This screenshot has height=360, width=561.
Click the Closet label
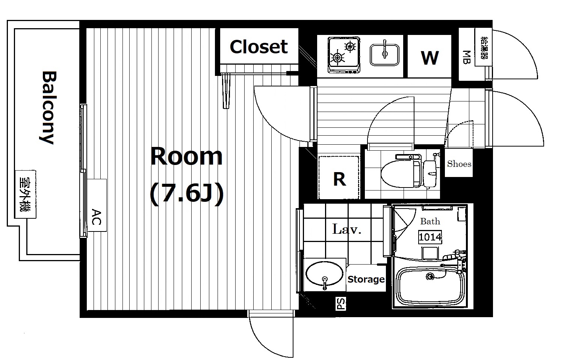coord(259,47)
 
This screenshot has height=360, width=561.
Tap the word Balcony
coord(48,108)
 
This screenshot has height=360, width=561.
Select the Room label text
coord(186,157)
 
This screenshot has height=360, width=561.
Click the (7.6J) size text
coord(187,194)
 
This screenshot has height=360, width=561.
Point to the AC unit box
coord(97,205)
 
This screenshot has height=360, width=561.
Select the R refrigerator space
coord(339,178)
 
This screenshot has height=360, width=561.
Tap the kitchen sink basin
coord(384,54)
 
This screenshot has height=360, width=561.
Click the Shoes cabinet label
coord(459,164)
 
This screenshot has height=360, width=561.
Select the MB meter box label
coord(467,57)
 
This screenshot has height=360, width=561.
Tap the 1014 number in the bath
coord(430,237)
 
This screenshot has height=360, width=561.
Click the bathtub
coord(431,286)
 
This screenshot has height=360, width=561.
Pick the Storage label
coord(366,279)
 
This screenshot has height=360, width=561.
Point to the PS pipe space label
coord(341,304)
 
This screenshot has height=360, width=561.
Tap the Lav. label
coord(347,229)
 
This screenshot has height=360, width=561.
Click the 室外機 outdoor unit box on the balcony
coord(26,194)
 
